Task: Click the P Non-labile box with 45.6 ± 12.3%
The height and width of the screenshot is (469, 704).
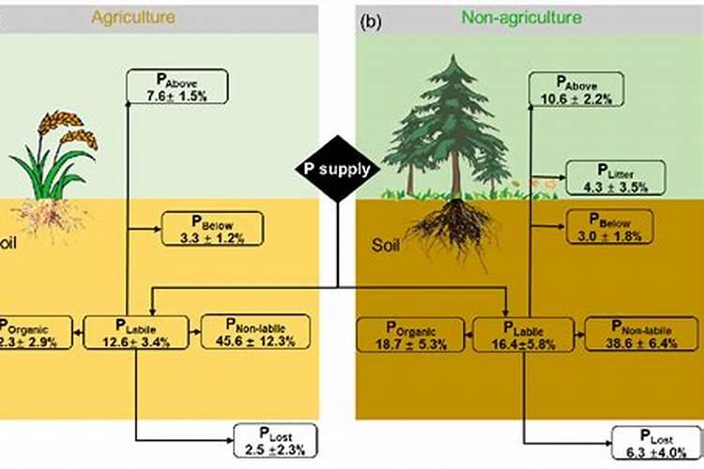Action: click(254, 333)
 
